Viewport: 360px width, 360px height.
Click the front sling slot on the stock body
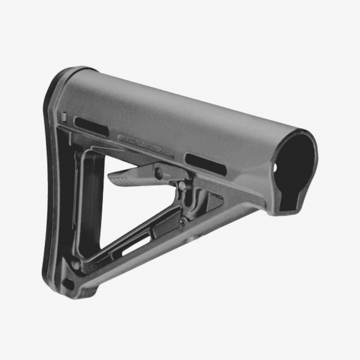pyautogui.click(x=206, y=164)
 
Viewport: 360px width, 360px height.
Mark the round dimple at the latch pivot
pyautogui.click(x=159, y=172)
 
